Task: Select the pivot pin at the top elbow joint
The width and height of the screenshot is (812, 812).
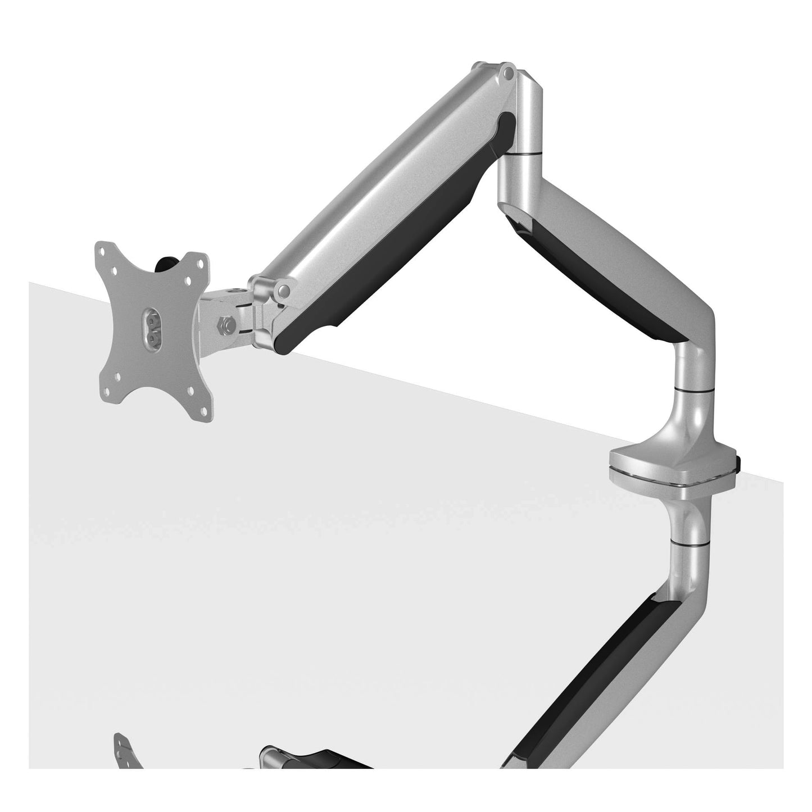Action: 509,72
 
